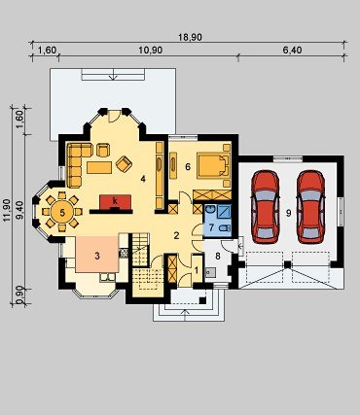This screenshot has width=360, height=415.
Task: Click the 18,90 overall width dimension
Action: click(x=190, y=37)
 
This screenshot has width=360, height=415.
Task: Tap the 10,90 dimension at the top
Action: click(x=151, y=51)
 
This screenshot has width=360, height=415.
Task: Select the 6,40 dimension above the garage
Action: click(x=292, y=51)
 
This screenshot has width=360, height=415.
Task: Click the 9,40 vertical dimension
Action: click(x=19, y=210)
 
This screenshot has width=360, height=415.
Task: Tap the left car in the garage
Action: click(x=266, y=207)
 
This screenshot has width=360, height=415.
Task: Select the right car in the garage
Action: click(x=310, y=207)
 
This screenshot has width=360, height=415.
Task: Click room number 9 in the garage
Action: click(x=289, y=213)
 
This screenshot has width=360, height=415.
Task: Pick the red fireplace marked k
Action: click(x=115, y=202)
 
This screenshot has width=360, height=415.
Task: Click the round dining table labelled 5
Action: click(x=62, y=212)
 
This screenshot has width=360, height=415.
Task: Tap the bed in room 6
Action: click(x=213, y=166)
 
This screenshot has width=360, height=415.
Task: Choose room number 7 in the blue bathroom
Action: click(x=211, y=227)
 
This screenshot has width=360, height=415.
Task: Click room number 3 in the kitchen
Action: click(x=97, y=256)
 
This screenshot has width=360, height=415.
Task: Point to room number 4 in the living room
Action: click(x=143, y=179)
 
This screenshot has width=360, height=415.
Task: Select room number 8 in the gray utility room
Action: click(x=218, y=257)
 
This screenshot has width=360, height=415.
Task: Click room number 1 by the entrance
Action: click(x=196, y=269)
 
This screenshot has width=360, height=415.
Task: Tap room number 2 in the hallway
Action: click(x=176, y=235)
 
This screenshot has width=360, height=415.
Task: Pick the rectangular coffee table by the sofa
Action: click(x=99, y=167)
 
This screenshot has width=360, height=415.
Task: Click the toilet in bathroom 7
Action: click(x=224, y=228)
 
